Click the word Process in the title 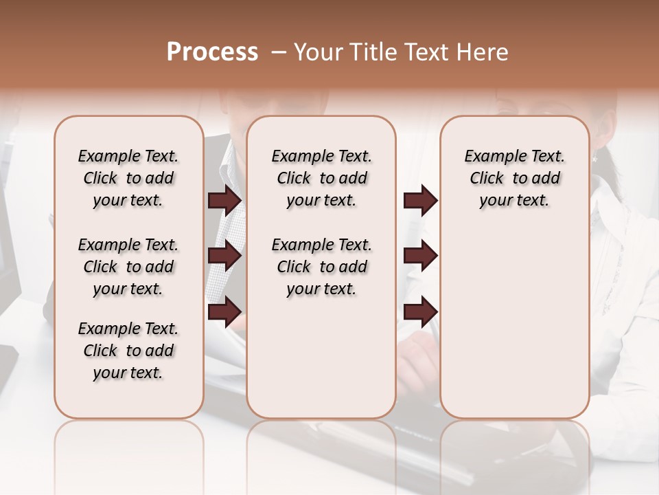tap(212, 52)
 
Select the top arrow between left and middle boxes tap(224, 201)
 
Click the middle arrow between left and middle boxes tap(224, 256)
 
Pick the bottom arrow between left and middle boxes tap(224, 313)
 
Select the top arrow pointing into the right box tap(420, 201)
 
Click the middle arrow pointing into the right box tap(420, 256)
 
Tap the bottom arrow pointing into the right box tap(420, 313)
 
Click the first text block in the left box tap(128, 178)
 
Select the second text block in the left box tap(128, 267)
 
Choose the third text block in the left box tap(128, 351)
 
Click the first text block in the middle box tap(321, 178)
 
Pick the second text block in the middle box tap(321, 267)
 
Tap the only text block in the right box tap(514, 178)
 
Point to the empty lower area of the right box tap(514, 323)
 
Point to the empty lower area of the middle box tap(321, 357)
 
